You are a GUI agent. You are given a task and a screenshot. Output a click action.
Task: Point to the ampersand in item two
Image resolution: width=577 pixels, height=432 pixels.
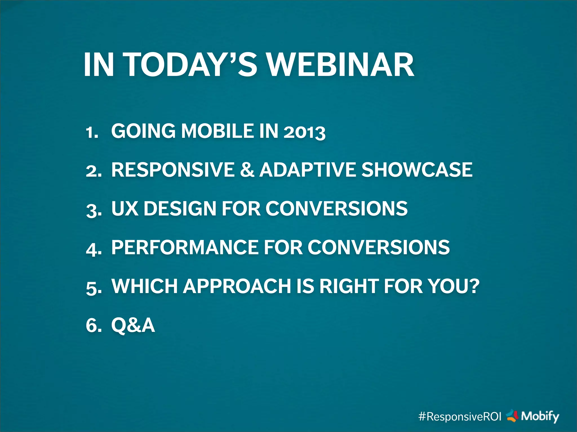[x=247, y=170]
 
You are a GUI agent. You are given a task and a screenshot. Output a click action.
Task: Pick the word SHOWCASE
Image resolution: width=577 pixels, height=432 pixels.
[x=417, y=170]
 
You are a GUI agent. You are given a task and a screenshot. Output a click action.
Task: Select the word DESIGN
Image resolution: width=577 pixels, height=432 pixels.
[x=180, y=209]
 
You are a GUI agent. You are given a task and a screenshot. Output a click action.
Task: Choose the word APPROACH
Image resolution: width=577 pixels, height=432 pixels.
[x=237, y=286]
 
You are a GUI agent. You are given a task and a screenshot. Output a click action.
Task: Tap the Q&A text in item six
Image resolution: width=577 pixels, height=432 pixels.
[x=133, y=325]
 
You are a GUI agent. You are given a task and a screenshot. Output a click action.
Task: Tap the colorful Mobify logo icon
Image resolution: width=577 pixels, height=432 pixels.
[x=512, y=416]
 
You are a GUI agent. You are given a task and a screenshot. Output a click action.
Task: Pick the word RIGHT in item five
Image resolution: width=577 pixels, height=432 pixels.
[x=349, y=286]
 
